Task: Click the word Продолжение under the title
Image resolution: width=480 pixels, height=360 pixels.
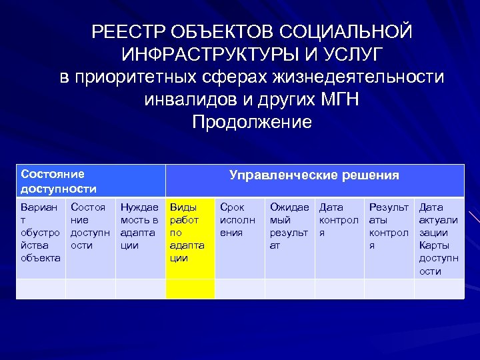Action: [251, 123]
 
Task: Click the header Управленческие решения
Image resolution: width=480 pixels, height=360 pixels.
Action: [314, 175]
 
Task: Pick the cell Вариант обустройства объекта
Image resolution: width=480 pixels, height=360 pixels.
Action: [41, 232]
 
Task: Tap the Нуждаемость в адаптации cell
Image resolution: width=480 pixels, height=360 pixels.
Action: [140, 226]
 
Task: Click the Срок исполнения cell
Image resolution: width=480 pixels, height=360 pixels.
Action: [239, 220]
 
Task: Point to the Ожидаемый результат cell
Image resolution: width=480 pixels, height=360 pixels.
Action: [289, 226]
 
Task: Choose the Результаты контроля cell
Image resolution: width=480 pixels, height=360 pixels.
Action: [389, 226]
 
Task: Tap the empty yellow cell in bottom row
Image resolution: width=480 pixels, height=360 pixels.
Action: [190, 289]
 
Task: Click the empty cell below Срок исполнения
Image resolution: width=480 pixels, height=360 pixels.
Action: [239, 289]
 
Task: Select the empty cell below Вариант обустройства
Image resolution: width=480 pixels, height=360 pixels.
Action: [41, 289]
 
